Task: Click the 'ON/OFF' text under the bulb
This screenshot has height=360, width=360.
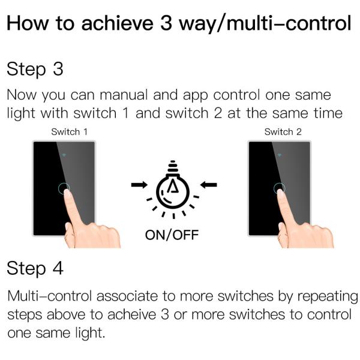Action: click(172, 234)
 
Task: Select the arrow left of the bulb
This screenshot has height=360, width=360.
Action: click(139, 184)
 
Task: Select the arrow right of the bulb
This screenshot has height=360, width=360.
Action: click(208, 184)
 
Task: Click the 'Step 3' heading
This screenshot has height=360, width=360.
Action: click(35, 70)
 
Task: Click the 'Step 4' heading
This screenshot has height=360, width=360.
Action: click(35, 269)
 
